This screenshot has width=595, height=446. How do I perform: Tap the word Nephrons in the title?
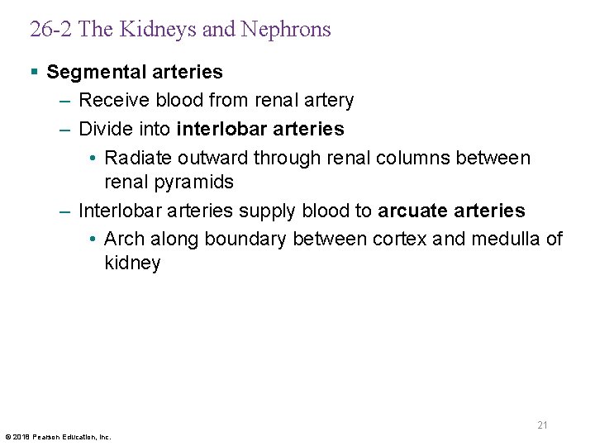(286, 30)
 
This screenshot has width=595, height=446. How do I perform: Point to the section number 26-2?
(51, 30)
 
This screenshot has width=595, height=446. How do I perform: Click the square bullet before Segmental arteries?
(34, 72)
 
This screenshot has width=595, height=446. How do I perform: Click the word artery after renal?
(327, 102)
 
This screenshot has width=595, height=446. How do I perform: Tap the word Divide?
(103, 129)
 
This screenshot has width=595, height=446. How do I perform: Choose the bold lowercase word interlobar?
(217, 129)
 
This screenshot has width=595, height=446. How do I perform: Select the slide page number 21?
(542, 425)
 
